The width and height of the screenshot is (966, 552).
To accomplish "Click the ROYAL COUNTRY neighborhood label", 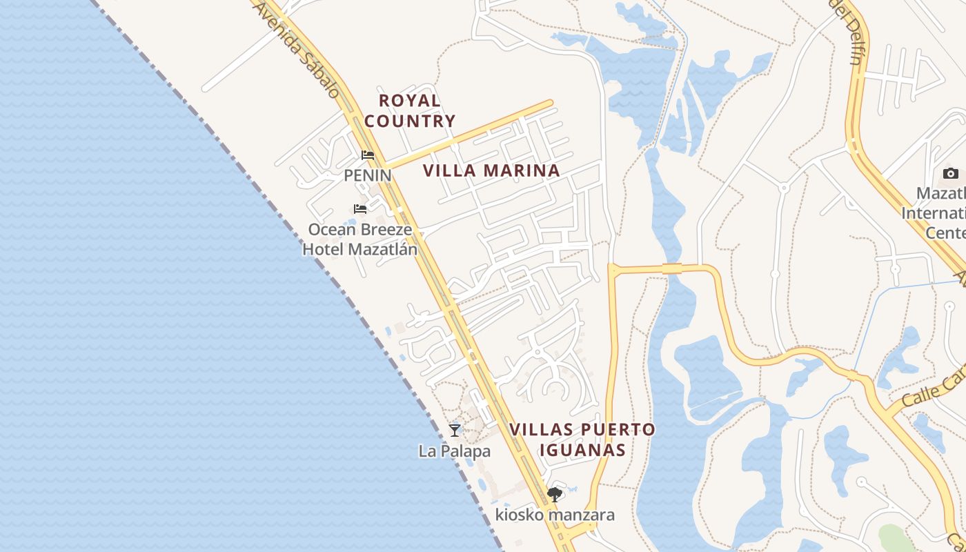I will click(x=410, y=110).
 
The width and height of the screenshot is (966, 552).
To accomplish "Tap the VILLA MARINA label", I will click(x=491, y=170).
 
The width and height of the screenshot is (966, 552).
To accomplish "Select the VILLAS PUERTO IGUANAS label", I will click(x=582, y=440).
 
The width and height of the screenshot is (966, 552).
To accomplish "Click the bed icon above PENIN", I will click(x=368, y=155).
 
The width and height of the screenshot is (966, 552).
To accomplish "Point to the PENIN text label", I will click(x=368, y=175).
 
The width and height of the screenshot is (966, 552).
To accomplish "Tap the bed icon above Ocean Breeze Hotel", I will click(x=359, y=208).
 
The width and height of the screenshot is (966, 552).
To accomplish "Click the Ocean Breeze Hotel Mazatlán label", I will click(x=359, y=239).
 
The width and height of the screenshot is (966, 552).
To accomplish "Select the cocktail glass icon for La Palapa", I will click(x=454, y=431).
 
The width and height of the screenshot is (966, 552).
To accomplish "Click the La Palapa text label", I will click(x=454, y=451).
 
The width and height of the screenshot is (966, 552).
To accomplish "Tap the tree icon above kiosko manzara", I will click(x=554, y=494).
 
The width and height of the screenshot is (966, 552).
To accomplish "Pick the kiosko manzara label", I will click(x=555, y=515).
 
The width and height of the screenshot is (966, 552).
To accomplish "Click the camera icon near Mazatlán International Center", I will click(x=950, y=173).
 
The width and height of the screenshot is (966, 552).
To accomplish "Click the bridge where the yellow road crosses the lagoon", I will click(x=672, y=268).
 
